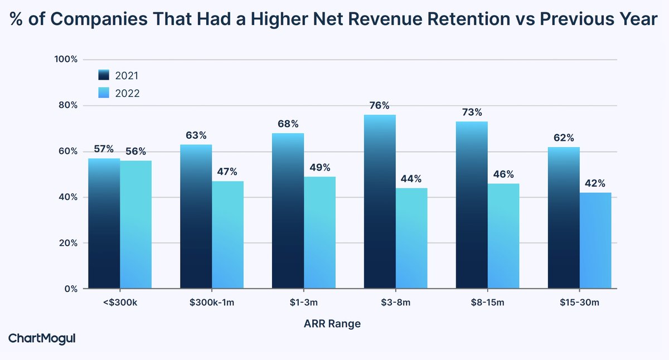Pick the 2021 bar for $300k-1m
coord(196,217)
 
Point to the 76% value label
coord(380,105)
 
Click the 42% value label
coord(595,183)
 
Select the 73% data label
coord(472,112)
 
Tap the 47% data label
coord(227,172)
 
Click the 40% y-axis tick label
coord(67,197)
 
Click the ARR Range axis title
coord(332,324)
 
